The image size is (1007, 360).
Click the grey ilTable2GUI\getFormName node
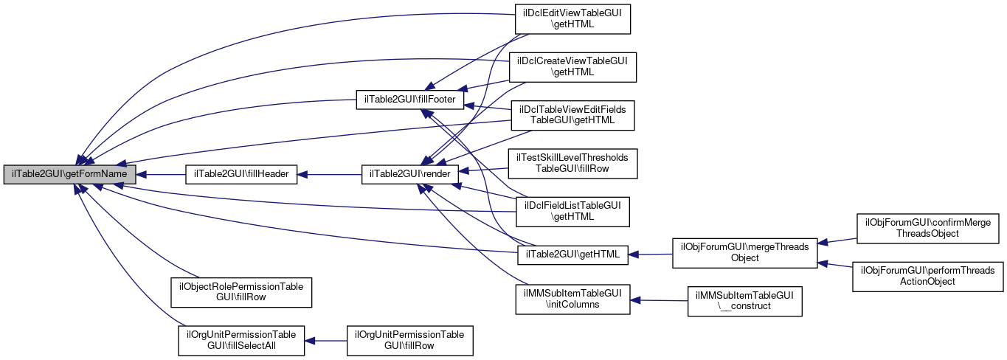click(x=69, y=175)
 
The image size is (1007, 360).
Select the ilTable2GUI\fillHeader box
click(x=241, y=175)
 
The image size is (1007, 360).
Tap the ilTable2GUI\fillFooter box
click(x=410, y=98)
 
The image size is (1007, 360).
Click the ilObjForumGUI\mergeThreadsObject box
click(x=744, y=252)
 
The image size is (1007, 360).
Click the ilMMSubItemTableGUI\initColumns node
click(x=572, y=299)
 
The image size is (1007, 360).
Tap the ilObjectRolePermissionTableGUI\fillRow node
click(x=241, y=291)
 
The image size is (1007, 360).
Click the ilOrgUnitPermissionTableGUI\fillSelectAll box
click(x=241, y=340)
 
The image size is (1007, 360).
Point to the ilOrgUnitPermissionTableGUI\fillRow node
click(x=410, y=340)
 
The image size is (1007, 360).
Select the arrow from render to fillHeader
click(x=329, y=175)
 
